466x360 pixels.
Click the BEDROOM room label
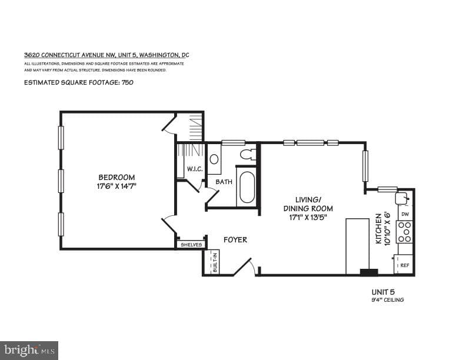(x=116, y=177)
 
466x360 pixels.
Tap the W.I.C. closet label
(x=195, y=169)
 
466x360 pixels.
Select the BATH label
(x=224, y=182)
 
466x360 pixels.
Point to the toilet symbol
(x=247, y=154)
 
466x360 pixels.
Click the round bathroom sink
(x=214, y=159)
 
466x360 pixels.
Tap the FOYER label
(x=235, y=239)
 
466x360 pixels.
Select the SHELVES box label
(x=191, y=245)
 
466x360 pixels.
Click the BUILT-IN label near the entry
(x=215, y=261)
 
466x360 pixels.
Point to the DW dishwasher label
(x=405, y=214)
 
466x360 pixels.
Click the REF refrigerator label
(x=404, y=265)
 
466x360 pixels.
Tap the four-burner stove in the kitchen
(x=404, y=232)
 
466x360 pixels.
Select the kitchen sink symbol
(x=402, y=198)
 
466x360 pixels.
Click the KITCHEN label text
(x=378, y=229)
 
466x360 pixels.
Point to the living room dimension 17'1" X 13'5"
(x=308, y=218)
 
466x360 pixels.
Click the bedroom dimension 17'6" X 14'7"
(x=116, y=186)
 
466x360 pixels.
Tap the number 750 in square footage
(x=127, y=82)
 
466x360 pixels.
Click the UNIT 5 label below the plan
(x=383, y=292)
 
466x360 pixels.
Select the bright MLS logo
(x=29, y=351)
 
